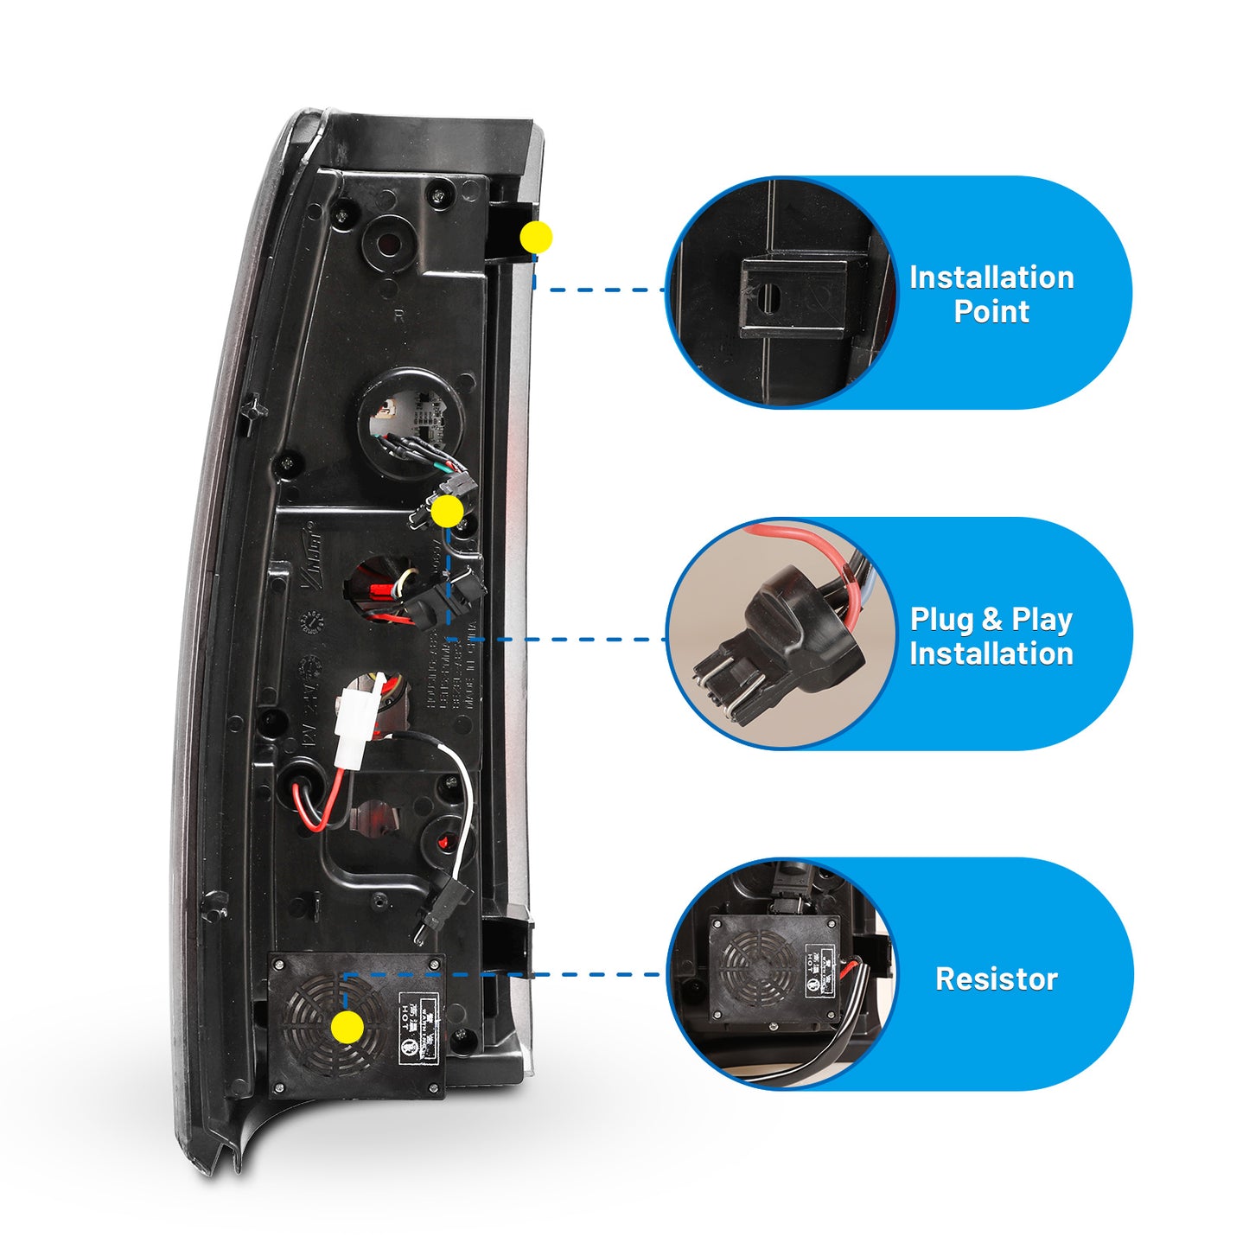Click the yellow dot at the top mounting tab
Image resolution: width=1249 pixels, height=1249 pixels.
[536, 237]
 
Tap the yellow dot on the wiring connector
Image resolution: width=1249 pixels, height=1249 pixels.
[447, 513]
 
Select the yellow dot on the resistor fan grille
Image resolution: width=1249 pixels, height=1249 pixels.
[347, 1028]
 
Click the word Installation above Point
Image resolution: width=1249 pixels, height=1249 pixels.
[991, 277]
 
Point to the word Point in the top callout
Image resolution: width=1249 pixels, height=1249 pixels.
[991, 311]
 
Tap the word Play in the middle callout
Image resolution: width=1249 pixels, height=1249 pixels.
[1042, 620]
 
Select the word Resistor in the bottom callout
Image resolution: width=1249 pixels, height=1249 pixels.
[996, 978]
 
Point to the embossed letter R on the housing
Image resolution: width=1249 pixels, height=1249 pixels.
[398, 315]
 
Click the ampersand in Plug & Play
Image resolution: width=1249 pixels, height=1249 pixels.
[991, 620]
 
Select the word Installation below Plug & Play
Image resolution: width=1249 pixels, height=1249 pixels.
[991, 653]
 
